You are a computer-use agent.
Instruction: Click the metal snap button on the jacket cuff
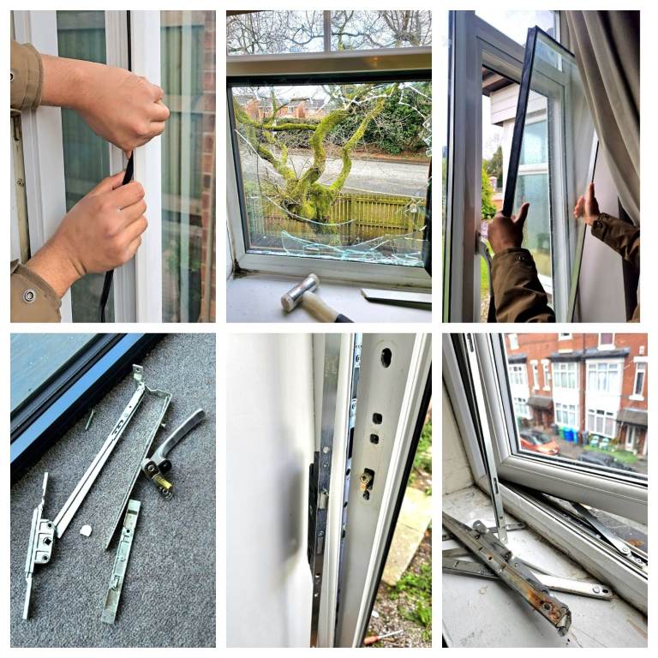click(x=30, y=296)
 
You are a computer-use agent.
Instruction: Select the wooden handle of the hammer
click(x=326, y=308)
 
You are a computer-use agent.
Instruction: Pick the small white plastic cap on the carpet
click(x=86, y=530)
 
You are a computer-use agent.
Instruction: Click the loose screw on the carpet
click(x=89, y=420)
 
